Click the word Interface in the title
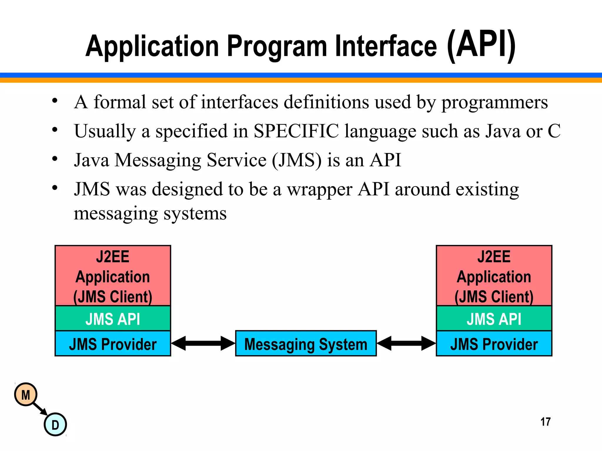[x=386, y=46]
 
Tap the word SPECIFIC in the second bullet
[x=296, y=131]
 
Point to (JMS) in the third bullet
[x=297, y=160]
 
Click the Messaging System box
[x=306, y=344]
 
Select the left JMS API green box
[x=113, y=319]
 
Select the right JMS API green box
[x=494, y=319]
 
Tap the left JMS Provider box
[x=113, y=344]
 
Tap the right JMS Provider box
[x=494, y=344]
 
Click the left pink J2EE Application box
[x=113, y=276]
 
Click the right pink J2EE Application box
[x=494, y=276]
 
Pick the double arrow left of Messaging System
[x=203, y=343]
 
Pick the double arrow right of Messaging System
[x=406, y=343]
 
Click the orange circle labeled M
[x=26, y=395]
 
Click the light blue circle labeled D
[x=55, y=425]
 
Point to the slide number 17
[x=545, y=422]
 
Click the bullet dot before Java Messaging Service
[x=55, y=159]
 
